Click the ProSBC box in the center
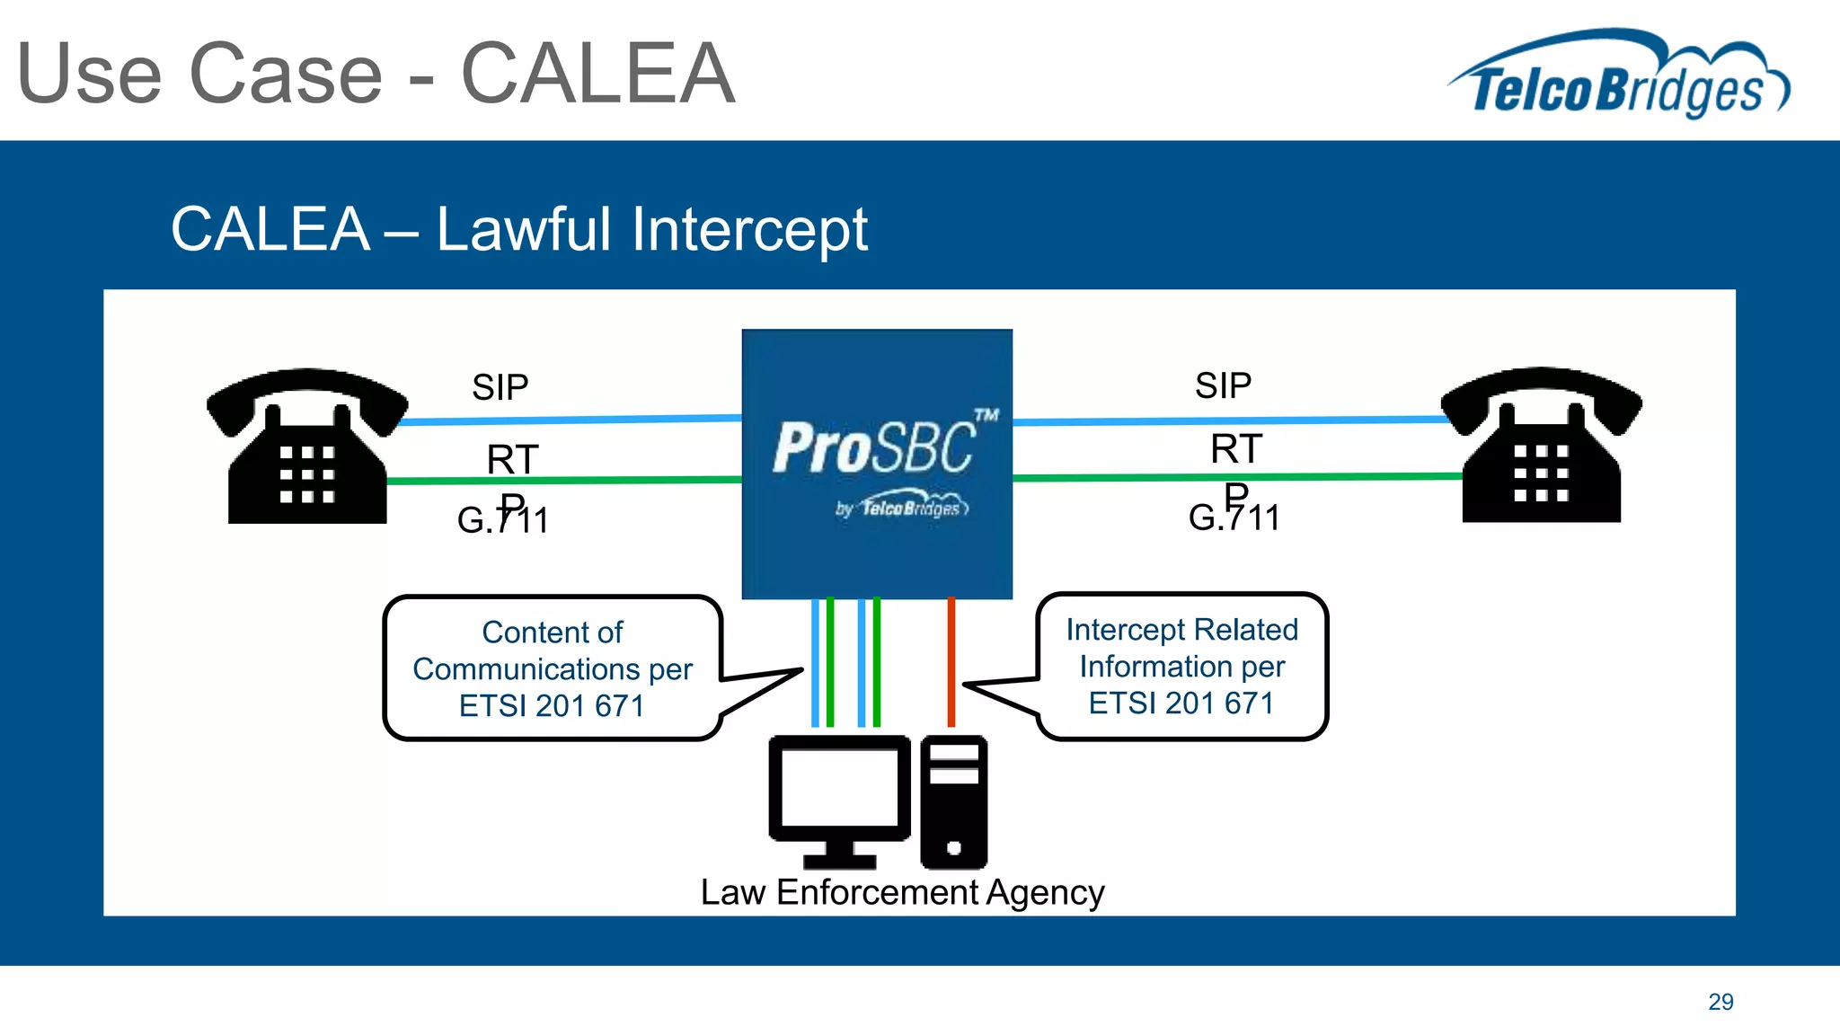(x=877, y=463)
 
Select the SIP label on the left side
(x=500, y=387)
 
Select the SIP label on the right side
(x=1223, y=385)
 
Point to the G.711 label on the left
(x=502, y=521)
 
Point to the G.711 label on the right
(x=1234, y=518)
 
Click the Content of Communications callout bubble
(x=553, y=668)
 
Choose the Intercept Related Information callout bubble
(x=1181, y=666)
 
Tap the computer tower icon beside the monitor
(x=953, y=801)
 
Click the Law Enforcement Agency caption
(x=902, y=892)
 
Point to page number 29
(x=1721, y=1002)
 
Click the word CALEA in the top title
(x=597, y=74)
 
